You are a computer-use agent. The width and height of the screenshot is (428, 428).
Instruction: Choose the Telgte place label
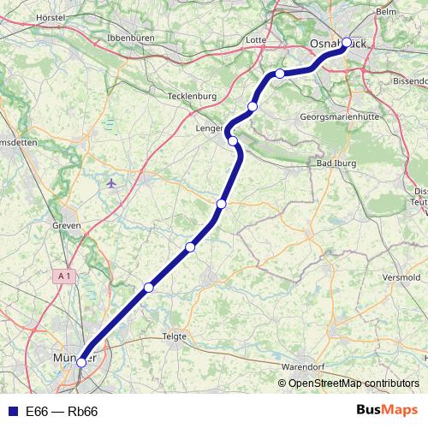click(174, 336)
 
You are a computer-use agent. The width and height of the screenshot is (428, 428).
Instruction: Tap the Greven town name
click(66, 226)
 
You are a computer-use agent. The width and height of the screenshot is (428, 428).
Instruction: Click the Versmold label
click(402, 278)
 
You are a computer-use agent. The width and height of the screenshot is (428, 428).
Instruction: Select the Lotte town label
click(255, 39)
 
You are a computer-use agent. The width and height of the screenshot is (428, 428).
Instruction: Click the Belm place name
click(386, 12)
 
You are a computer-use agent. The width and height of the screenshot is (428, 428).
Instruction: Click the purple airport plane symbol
click(111, 183)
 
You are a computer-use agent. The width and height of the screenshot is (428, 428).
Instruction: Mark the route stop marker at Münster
click(81, 363)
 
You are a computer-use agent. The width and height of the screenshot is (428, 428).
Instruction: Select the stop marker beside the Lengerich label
click(233, 140)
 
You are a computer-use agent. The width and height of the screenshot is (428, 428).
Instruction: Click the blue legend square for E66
click(11, 412)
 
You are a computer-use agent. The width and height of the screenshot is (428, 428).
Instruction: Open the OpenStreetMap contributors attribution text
click(353, 383)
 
